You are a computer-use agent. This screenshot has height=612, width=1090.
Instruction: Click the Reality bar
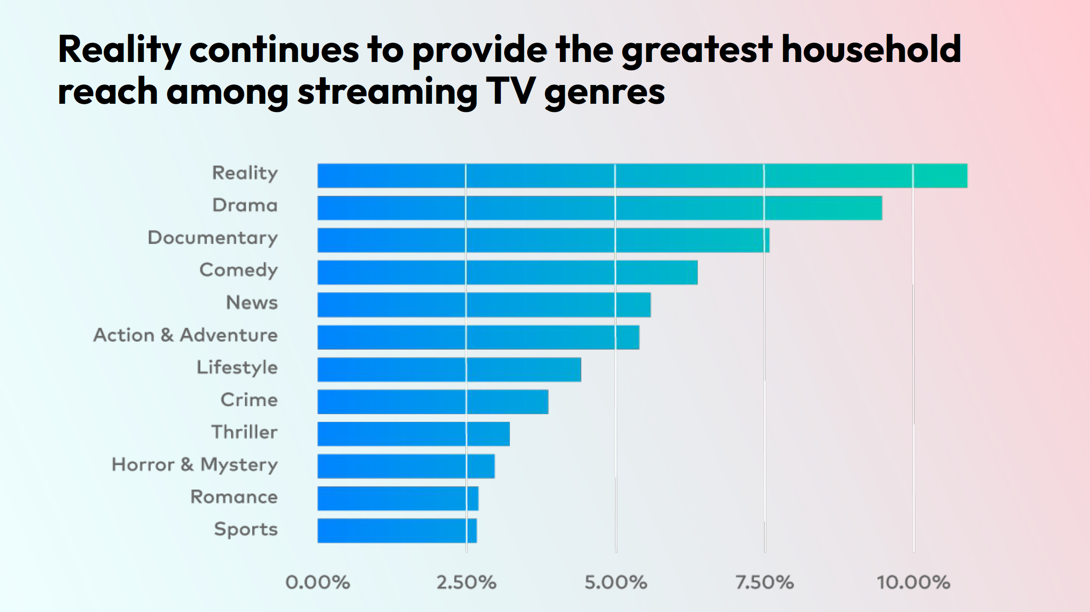(642, 176)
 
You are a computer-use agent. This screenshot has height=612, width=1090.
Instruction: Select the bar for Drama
(599, 208)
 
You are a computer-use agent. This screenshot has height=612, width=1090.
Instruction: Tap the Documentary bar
(543, 240)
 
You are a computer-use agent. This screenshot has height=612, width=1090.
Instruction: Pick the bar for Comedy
(507, 272)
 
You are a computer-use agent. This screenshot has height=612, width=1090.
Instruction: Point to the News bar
(484, 305)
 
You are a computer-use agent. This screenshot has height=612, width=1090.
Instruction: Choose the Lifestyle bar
(449, 369)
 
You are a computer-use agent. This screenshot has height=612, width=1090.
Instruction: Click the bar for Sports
(397, 531)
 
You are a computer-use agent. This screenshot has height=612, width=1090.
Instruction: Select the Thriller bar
(413, 434)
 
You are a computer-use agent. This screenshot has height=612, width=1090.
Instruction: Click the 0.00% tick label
(317, 582)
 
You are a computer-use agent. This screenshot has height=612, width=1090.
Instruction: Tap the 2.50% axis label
(466, 582)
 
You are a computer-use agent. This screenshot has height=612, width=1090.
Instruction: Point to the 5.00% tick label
(616, 582)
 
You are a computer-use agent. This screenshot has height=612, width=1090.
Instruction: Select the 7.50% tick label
(764, 582)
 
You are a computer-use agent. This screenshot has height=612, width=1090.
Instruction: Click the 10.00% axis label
(913, 582)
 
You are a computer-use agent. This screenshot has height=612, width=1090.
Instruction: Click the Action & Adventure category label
(185, 335)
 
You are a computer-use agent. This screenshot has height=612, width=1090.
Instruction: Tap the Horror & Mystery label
(194, 465)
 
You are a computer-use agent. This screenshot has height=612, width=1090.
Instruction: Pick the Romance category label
(234, 497)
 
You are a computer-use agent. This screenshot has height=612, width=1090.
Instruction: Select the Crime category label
(249, 400)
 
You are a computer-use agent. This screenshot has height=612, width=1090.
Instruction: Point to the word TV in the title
(510, 91)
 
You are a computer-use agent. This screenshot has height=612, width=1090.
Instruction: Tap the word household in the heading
(871, 49)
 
